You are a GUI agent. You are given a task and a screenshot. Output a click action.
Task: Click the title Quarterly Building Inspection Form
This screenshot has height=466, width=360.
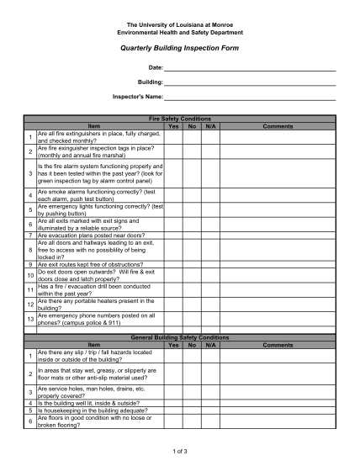pyautogui.click(x=179, y=49)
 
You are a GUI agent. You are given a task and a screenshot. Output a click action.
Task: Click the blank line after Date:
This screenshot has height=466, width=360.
pyautogui.click(x=250, y=67)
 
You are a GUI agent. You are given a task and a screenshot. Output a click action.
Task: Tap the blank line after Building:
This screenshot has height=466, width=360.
pyautogui.click(x=250, y=83)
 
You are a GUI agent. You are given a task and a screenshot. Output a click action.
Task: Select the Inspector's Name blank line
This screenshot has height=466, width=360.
pyautogui.click(x=250, y=99)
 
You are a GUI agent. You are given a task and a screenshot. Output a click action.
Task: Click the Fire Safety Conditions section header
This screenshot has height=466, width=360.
pyautogui.click(x=179, y=120)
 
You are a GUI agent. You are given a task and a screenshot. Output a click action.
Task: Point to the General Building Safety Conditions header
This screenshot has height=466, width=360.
pyautogui.click(x=179, y=337)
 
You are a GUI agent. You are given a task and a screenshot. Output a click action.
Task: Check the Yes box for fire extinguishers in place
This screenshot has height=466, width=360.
pyautogui.click(x=173, y=137)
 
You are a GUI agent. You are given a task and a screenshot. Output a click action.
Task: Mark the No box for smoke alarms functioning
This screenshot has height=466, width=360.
pyautogui.click(x=193, y=194)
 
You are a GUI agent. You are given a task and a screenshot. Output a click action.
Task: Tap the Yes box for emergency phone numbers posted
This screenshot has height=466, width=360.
pyautogui.click(x=173, y=319)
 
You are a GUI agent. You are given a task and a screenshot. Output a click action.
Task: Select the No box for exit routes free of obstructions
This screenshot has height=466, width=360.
pyautogui.click(x=193, y=264)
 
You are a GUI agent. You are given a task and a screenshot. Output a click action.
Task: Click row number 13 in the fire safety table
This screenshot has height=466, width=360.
pyautogui.click(x=30, y=319)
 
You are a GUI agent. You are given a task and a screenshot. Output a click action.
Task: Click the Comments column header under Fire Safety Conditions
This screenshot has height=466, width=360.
pyautogui.click(x=278, y=126)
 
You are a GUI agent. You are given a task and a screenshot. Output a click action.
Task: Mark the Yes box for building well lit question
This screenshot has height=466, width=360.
pyautogui.click(x=173, y=404)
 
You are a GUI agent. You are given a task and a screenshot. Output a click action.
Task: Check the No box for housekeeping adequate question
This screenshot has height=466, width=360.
pyautogui.click(x=193, y=410)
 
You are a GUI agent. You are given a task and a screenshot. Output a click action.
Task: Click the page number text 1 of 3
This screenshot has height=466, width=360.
pyautogui.click(x=179, y=451)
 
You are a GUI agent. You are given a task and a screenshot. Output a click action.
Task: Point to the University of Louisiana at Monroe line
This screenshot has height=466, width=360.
pyautogui.click(x=179, y=25)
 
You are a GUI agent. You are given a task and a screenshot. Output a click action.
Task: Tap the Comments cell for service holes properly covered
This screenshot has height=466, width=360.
pyautogui.click(x=278, y=393)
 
